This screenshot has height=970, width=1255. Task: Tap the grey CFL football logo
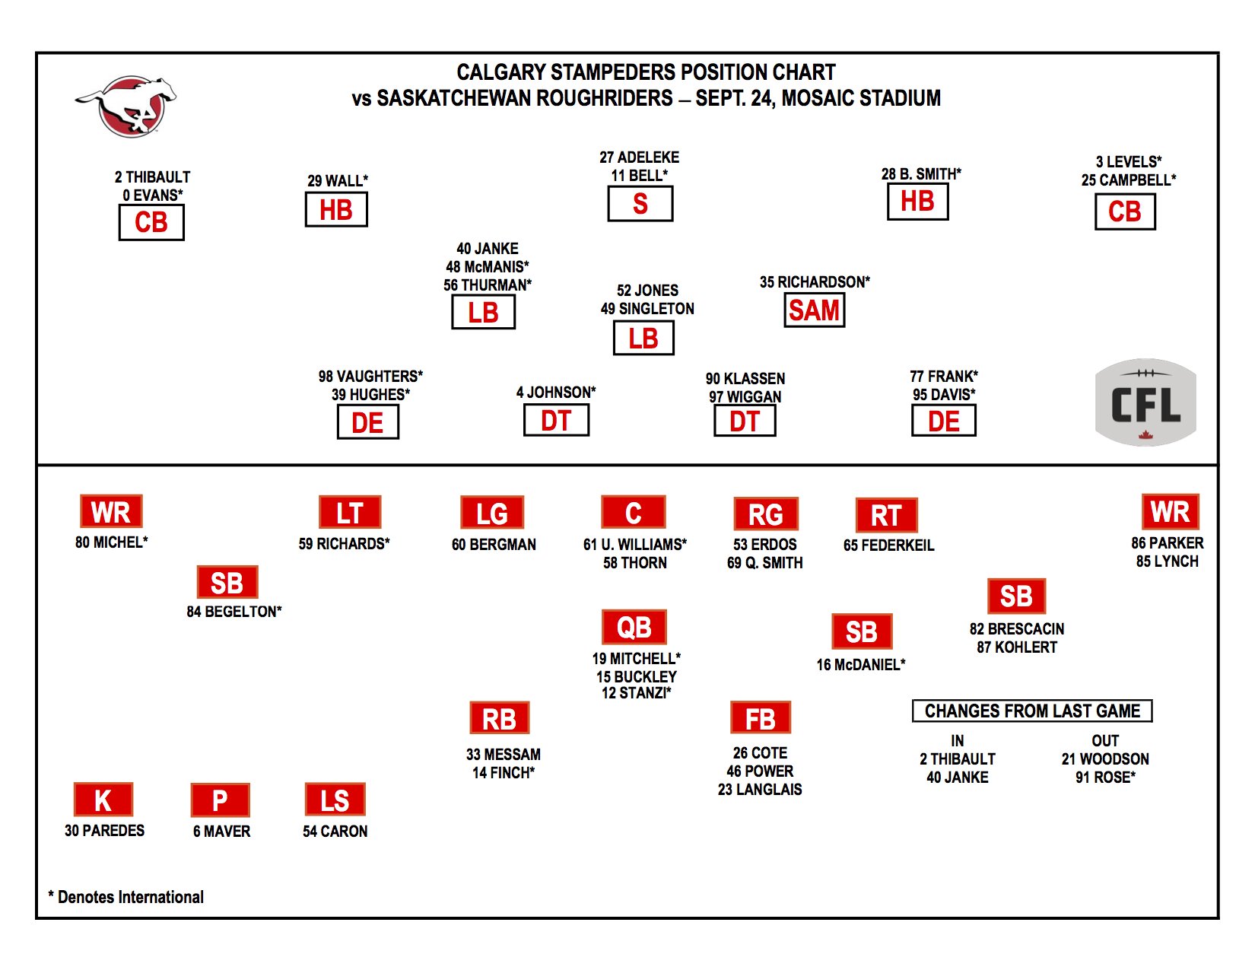click(1145, 402)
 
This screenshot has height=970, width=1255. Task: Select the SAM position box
click(815, 310)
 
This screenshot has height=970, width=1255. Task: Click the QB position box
click(634, 627)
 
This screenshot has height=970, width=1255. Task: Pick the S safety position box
click(640, 203)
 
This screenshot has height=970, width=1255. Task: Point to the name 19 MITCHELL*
click(637, 658)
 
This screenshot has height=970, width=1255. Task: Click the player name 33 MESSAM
click(504, 754)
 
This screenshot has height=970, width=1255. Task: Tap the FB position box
click(760, 718)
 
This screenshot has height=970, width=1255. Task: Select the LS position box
click(335, 800)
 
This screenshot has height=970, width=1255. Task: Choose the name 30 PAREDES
click(104, 830)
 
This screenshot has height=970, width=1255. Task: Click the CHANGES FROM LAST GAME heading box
click(1032, 711)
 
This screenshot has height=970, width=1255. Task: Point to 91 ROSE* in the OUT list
click(1105, 777)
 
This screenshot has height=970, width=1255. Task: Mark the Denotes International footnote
click(126, 897)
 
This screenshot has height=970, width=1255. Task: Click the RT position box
click(887, 515)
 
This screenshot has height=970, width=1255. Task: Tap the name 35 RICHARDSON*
click(815, 282)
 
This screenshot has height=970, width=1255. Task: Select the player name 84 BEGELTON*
click(234, 611)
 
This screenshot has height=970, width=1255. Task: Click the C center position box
click(634, 512)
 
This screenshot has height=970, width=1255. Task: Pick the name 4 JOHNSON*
click(556, 393)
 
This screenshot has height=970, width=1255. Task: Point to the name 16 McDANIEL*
click(861, 664)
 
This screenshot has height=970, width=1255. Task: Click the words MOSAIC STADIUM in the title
click(861, 98)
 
